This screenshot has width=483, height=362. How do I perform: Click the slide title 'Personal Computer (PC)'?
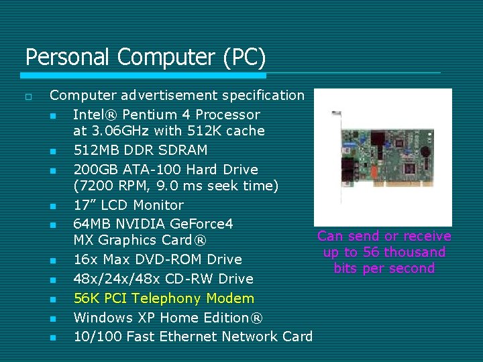(146, 57)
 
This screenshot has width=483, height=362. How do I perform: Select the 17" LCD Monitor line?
(127, 205)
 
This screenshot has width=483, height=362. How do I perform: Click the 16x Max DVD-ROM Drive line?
(157, 259)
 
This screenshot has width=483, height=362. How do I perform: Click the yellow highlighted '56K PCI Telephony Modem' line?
(164, 298)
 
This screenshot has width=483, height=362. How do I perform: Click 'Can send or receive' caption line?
(384, 236)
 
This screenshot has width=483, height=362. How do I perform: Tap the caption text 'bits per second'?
(384, 268)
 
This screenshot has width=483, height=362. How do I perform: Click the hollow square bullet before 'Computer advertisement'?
(28, 97)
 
